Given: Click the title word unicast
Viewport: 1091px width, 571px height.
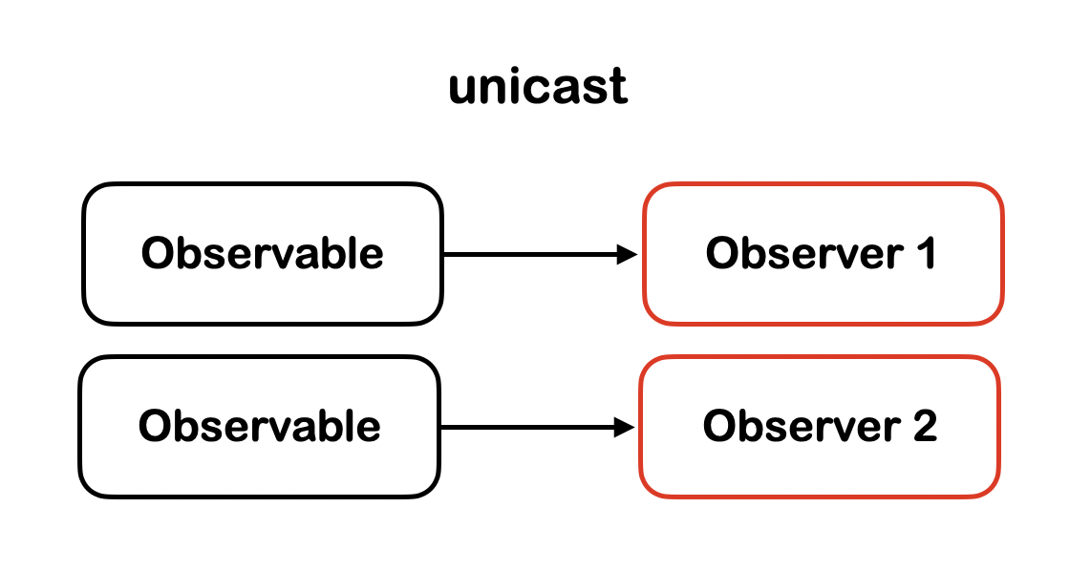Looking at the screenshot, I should click(x=538, y=87).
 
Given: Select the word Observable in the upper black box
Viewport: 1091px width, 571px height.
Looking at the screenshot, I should click(x=262, y=254).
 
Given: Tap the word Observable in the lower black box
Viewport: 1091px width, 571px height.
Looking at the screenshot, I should click(x=259, y=426).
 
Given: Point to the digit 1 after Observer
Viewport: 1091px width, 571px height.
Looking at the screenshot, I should click(x=923, y=254).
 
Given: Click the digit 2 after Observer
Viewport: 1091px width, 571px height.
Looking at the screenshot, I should click(x=924, y=426).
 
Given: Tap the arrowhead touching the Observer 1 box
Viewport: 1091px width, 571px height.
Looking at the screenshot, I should click(x=628, y=254).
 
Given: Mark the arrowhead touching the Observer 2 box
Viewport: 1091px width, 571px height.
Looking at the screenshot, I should click(x=625, y=427).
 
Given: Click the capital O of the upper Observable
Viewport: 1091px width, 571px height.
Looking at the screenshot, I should click(x=157, y=254).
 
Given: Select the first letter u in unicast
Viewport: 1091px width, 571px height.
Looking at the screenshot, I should click(x=462, y=89).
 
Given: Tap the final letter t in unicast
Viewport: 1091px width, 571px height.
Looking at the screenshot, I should click(x=620, y=87).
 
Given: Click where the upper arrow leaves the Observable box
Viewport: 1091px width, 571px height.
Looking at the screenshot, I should click(x=444, y=254).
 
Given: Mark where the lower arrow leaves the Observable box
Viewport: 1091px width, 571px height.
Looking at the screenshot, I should click(x=441, y=427).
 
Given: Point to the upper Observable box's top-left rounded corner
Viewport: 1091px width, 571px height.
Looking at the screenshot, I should click(x=92, y=192).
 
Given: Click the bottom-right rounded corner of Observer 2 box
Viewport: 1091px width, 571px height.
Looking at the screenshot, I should click(x=991, y=488).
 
